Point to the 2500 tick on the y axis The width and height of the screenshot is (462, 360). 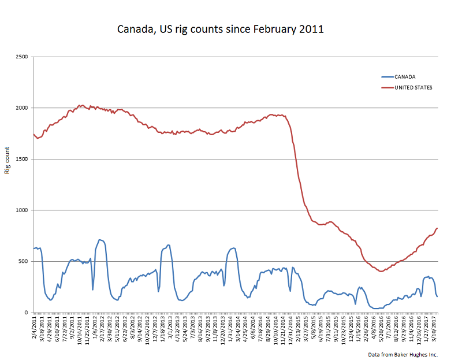(23, 57)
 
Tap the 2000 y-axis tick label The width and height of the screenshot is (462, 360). (23, 108)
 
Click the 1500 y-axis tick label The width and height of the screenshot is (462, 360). (23, 159)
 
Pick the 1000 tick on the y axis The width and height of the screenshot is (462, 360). (23, 210)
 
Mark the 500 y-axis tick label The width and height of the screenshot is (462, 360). (24, 261)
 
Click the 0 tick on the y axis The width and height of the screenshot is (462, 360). (27, 313)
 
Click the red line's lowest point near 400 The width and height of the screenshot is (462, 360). (381, 271)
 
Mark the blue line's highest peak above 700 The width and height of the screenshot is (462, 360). (100, 239)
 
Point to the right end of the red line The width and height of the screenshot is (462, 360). (437, 228)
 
